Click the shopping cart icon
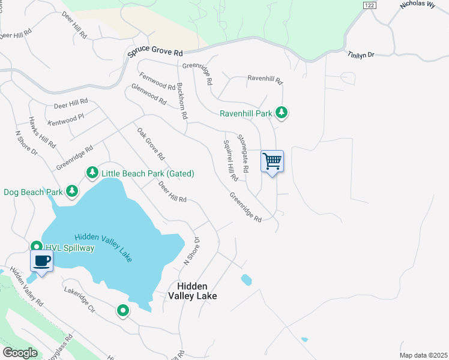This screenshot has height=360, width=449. (272, 161)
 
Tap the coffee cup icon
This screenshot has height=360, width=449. (41, 261)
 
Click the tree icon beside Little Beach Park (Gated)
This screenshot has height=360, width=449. (92, 173)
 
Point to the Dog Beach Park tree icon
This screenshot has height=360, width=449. (72, 191)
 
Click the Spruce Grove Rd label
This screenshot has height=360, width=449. (155, 53)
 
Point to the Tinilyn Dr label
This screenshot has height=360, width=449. (361, 55)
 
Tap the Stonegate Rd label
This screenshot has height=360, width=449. (243, 154)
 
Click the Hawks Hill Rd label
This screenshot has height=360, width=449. (43, 132)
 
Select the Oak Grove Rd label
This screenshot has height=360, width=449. (151, 144)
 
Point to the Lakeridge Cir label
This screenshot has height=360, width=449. (80, 299)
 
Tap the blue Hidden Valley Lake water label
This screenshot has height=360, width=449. (103, 247)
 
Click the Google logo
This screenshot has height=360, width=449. (20, 353)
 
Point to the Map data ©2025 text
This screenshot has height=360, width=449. (423, 355)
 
